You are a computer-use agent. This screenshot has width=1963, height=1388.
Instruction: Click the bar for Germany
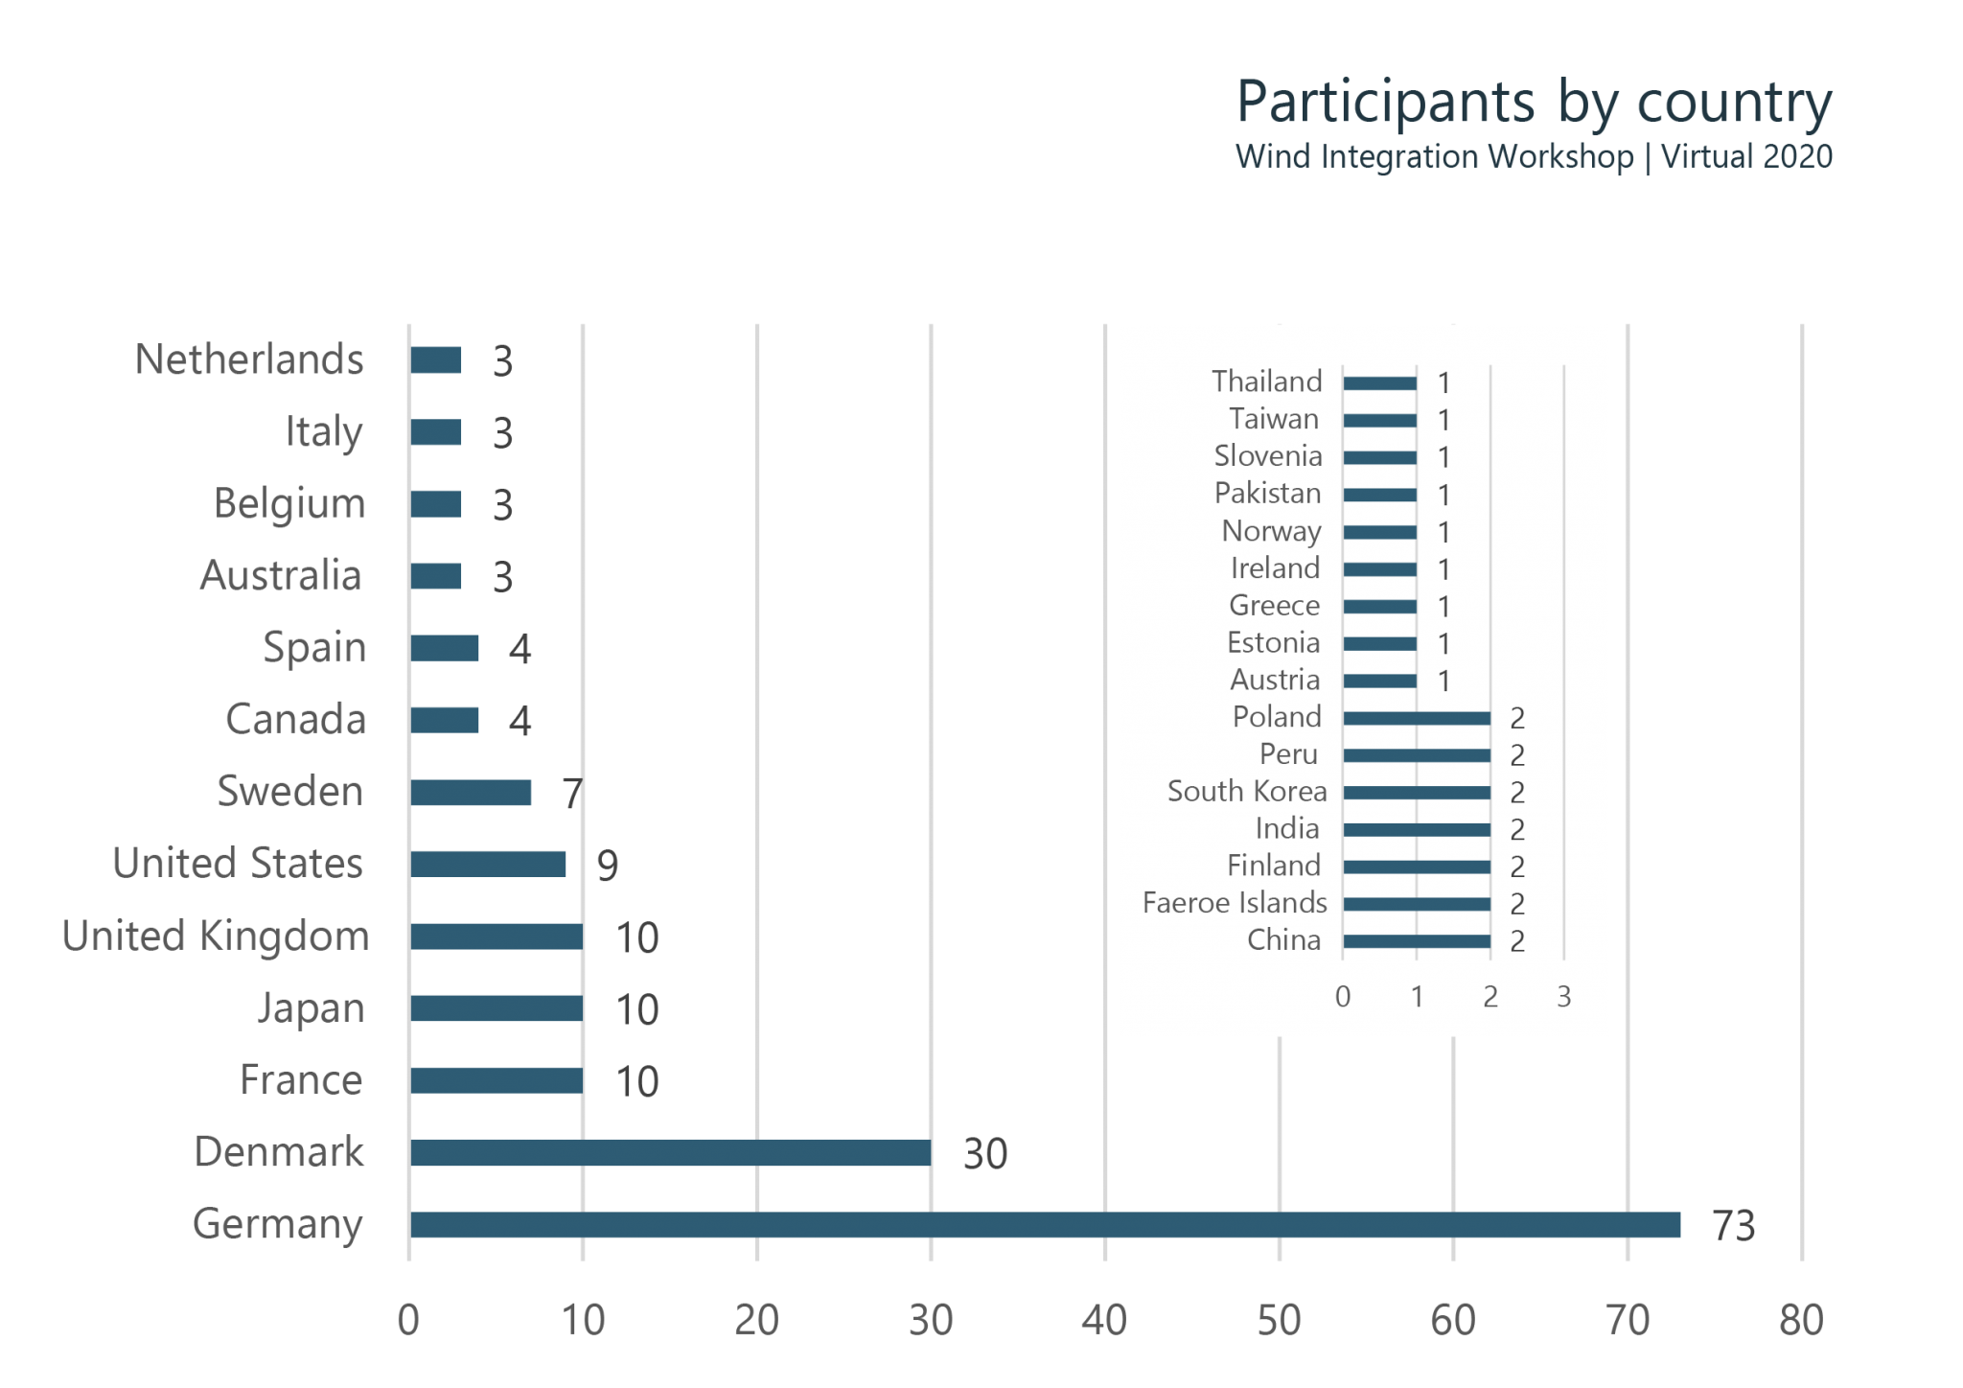[1045, 1225]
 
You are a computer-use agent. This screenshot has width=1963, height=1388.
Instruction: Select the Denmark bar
[671, 1152]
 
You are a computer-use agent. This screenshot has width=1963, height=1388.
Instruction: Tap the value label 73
[1733, 1226]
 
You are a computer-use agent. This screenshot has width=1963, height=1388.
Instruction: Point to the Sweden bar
[472, 793]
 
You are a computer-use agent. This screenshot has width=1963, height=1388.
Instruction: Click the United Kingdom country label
[215, 937]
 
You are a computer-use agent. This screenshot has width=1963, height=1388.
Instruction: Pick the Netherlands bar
[436, 360]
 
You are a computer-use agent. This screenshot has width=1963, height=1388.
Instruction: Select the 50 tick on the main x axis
[1279, 1321]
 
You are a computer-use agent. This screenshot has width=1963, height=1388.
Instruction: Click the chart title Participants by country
[1534, 103]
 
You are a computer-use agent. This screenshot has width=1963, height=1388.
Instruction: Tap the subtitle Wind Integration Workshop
[1434, 156]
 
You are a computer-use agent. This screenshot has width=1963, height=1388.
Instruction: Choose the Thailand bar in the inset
[1379, 383]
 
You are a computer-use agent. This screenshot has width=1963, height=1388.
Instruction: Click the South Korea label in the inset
[1247, 792]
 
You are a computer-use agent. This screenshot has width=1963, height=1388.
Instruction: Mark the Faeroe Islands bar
[1417, 904]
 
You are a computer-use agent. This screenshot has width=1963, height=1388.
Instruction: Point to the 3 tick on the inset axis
[1563, 997]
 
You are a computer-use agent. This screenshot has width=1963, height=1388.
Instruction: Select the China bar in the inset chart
[1417, 941]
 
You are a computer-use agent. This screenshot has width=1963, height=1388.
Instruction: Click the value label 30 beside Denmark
[985, 1154]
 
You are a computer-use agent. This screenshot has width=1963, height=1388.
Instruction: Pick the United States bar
[488, 865]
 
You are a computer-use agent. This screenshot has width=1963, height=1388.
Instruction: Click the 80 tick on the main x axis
[1801, 1321]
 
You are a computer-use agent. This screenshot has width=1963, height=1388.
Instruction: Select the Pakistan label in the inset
[1267, 494]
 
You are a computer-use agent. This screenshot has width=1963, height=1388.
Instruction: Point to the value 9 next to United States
[608, 866]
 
